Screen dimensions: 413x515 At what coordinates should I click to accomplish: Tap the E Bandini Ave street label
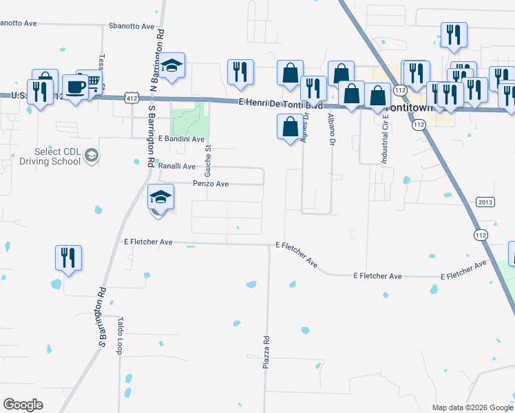182,139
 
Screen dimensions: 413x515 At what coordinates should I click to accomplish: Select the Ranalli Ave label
178,166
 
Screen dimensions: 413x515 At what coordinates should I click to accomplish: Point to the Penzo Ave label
210,184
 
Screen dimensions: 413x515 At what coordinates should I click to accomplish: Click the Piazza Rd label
266,352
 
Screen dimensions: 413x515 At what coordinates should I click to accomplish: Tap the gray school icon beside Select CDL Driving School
92,156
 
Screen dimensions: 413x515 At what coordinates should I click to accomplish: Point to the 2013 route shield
485,202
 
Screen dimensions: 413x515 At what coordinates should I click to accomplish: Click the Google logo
23,405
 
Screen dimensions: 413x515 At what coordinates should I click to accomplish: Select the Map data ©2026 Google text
472,407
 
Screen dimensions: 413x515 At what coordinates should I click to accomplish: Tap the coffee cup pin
74,87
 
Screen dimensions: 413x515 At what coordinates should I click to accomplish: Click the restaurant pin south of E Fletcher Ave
68,258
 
